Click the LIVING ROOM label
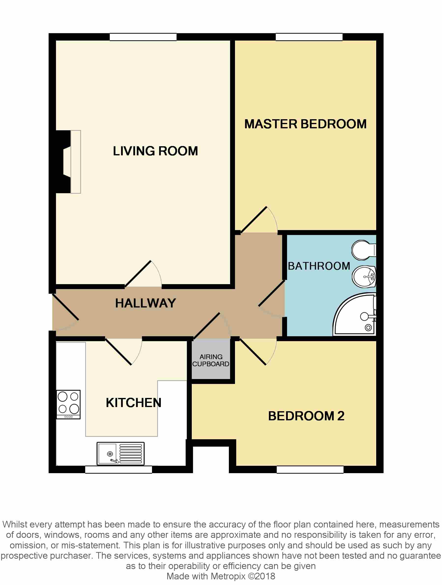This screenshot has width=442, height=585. [x=155, y=151]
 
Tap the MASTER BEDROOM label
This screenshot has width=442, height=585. [x=305, y=124]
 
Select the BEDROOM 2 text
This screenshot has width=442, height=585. [x=306, y=416]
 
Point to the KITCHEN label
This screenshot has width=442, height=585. [x=133, y=403]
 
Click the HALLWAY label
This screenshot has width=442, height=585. [x=145, y=303]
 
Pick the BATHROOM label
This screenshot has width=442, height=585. [x=319, y=266]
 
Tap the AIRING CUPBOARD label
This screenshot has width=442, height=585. [x=211, y=361]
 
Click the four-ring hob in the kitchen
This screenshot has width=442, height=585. [x=69, y=404]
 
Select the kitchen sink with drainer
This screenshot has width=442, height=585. [x=121, y=453]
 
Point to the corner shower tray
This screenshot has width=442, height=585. [x=355, y=314]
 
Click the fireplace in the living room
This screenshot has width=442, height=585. [x=68, y=162]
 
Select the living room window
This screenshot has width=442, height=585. [x=143, y=37]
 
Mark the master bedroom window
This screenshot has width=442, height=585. [x=309, y=37]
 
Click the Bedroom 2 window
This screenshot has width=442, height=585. [x=310, y=469]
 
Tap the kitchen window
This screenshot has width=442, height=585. [x=118, y=469]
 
